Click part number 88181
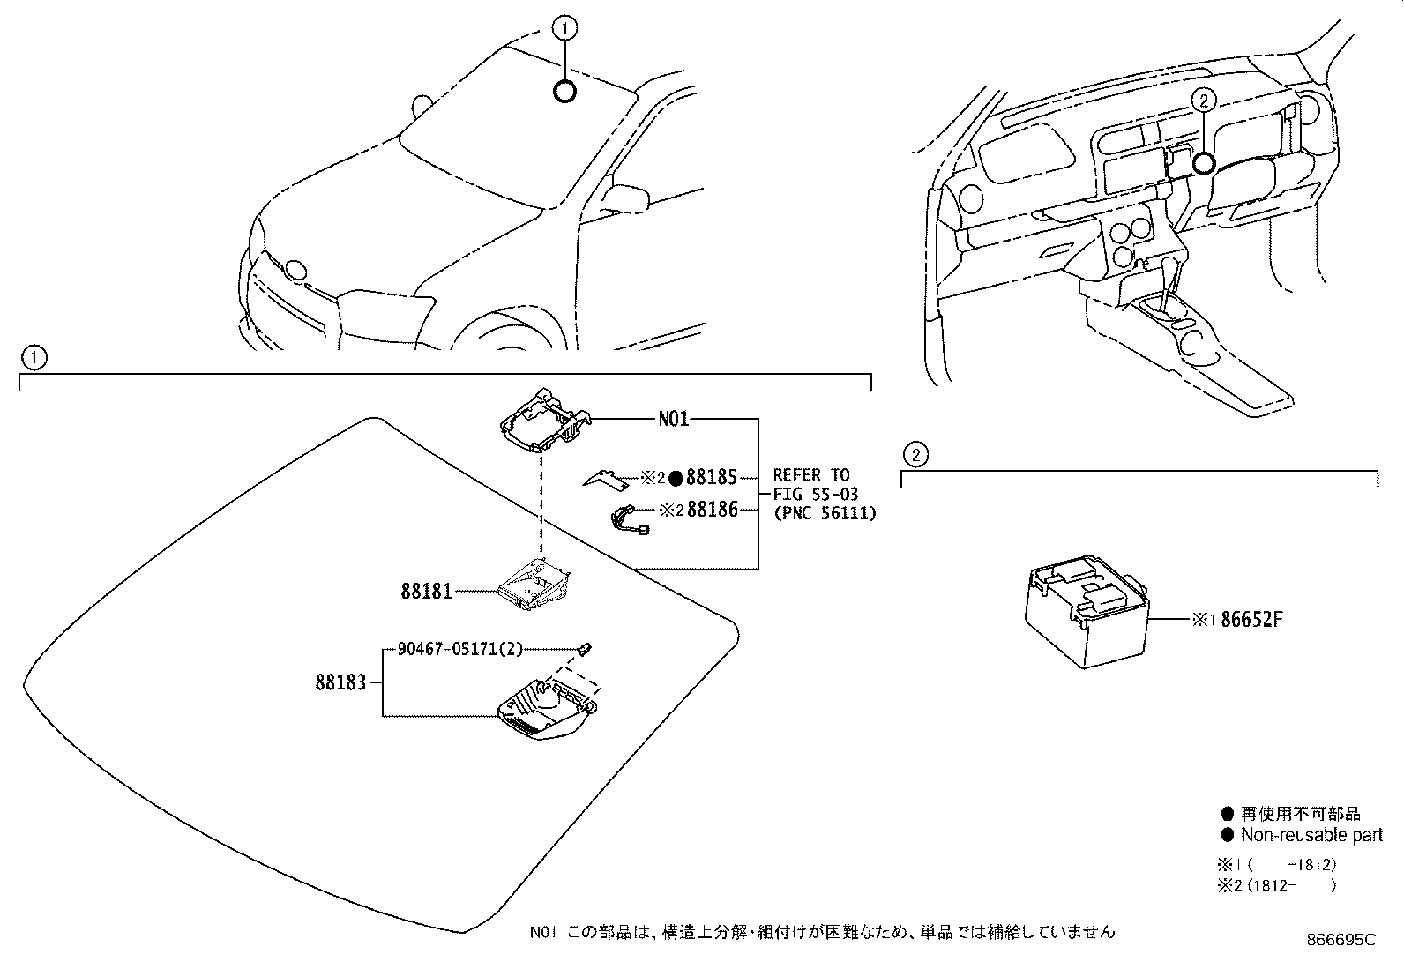(x=426, y=591)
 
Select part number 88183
(x=340, y=682)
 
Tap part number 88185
(x=711, y=478)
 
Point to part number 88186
(x=712, y=509)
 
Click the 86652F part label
(x=1251, y=620)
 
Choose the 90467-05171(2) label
(x=459, y=649)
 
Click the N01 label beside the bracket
(x=673, y=419)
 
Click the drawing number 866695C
(x=1341, y=941)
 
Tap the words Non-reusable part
(x=1311, y=834)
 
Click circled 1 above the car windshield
(x=564, y=29)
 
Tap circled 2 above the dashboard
(x=1202, y=101)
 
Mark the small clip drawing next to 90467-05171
(x=585, y=650)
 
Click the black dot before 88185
(x=675, y=478)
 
